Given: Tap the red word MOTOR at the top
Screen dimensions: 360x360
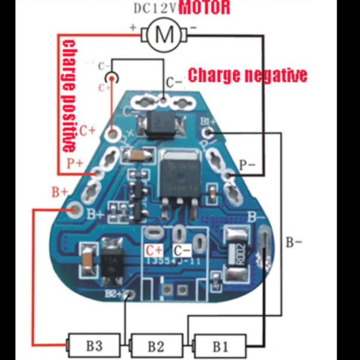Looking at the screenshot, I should point(204,7).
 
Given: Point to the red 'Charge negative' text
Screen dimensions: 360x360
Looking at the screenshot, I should point(248,75).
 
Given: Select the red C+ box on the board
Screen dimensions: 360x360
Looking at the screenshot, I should point(154,250).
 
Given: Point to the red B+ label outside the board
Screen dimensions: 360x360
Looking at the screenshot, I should point(60,192).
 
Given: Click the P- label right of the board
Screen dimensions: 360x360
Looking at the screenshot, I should point(247,165).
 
